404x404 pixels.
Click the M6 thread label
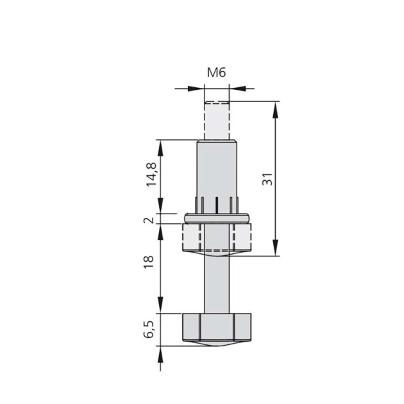coord(216,72)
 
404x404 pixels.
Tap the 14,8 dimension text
coord(151,174)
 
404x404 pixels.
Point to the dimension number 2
coord(149,220)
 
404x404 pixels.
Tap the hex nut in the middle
coord(217,237)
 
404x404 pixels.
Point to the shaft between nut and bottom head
coord(217,282)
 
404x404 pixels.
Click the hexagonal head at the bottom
coord(217,328)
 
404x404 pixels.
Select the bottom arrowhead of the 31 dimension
coord(276,250)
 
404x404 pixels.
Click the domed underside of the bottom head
coord(217,345)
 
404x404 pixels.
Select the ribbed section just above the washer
coord(217,205)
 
